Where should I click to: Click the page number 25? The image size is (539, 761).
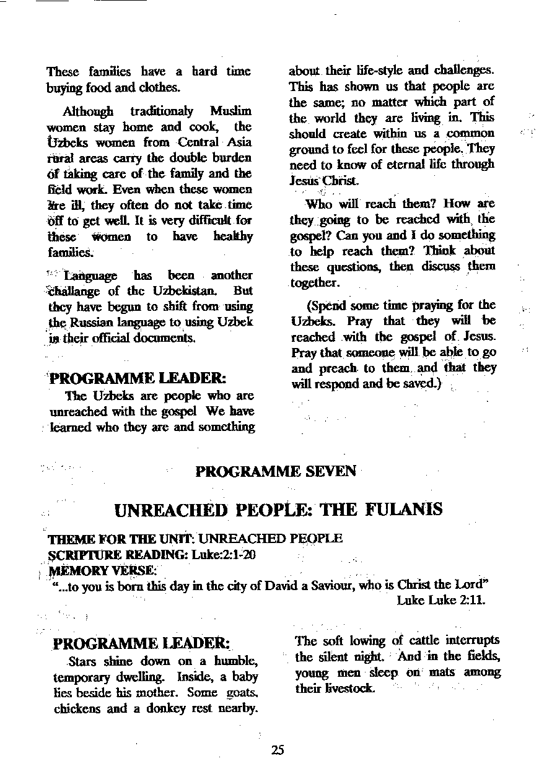277,750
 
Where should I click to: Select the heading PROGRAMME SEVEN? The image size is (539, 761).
276,472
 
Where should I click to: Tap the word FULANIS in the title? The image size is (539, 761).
405,510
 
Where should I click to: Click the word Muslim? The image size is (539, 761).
231,111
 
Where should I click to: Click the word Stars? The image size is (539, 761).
84,660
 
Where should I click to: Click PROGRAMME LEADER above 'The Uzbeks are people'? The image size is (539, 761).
137,377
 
